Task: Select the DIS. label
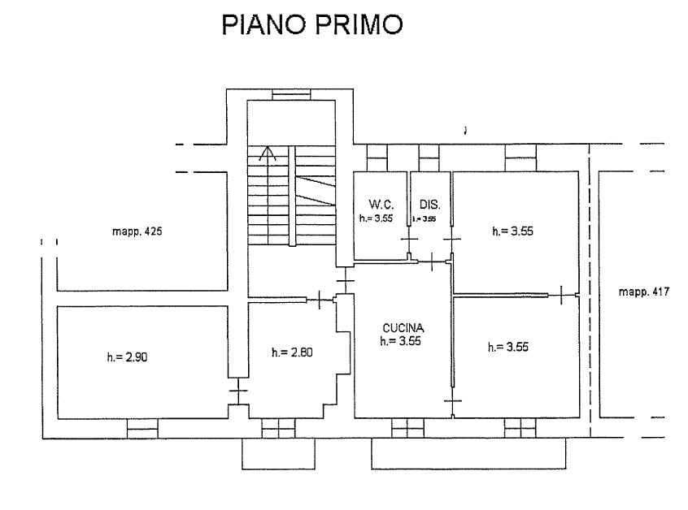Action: click(x=429, y=204)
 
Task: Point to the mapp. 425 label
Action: click(x=137, y=231)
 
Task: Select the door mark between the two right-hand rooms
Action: click(x=563, y=293)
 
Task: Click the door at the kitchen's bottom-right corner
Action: click(x=452, y=401)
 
